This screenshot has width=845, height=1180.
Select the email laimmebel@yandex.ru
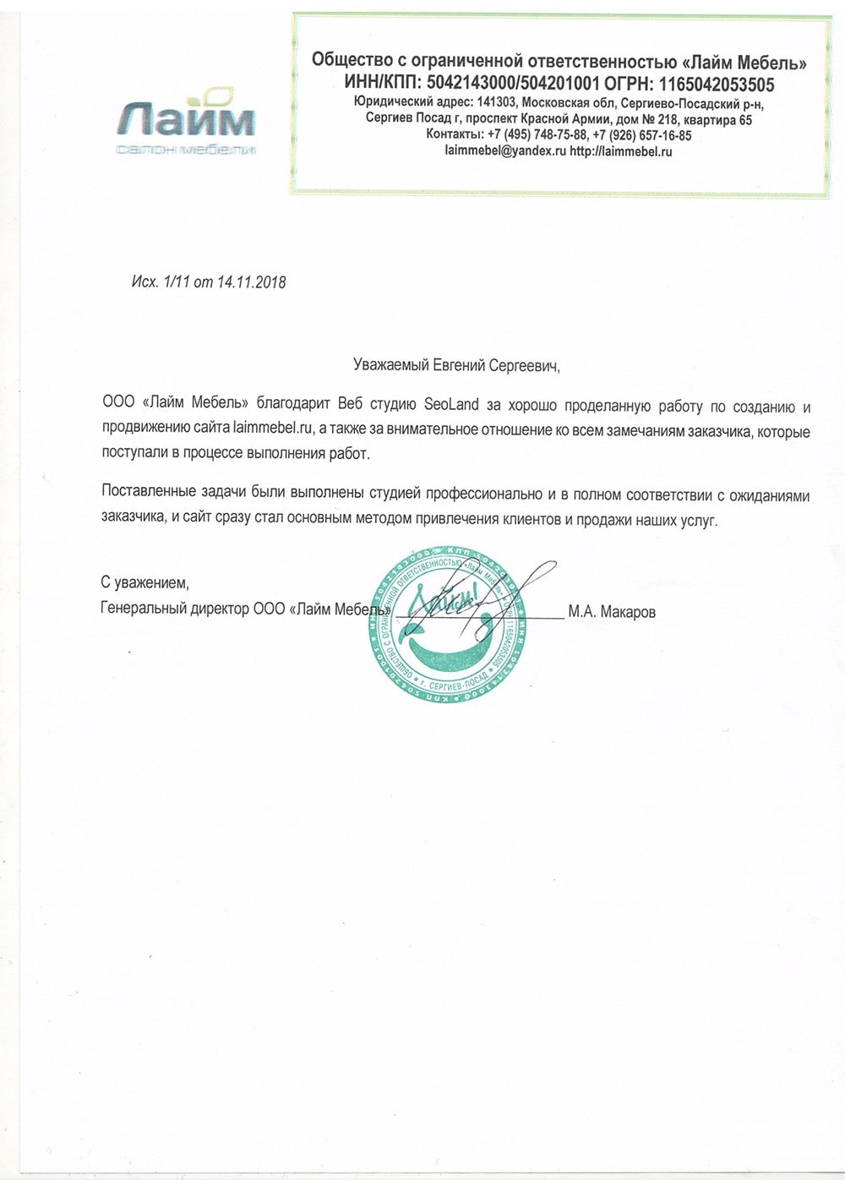tap(505, 151)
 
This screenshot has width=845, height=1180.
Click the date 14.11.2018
tap(251, 282)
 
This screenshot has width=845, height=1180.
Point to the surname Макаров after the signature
tap(627, 612)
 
